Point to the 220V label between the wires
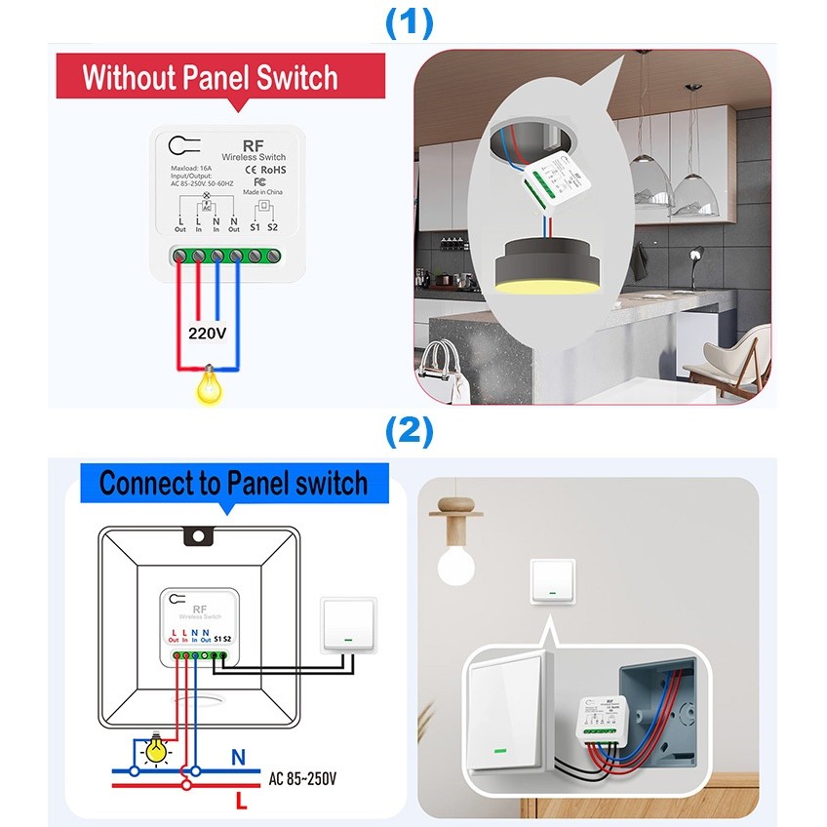tap(208, 334)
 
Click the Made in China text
tap(264, 192)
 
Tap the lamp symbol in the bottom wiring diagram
tap(154, 748)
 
